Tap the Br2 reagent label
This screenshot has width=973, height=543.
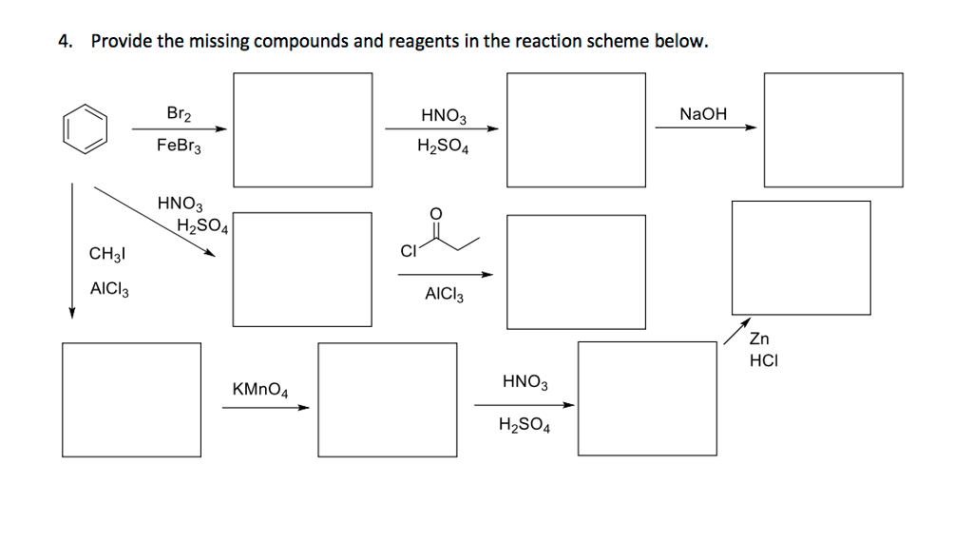(x=179, y=114)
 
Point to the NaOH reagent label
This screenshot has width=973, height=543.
(x=703, y=114)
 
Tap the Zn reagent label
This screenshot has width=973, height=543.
(x=760, y=339)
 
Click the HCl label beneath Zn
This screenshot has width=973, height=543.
(x=763, y=360)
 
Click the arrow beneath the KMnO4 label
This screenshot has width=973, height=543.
(x=266, y=408)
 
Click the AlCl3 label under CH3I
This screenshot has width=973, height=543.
(x=109, y=288)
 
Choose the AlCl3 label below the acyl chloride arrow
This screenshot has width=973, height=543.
(x=445, y=295)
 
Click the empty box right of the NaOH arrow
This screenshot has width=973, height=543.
(x=832, y=129)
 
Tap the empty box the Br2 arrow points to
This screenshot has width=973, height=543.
(x=303, y=129)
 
